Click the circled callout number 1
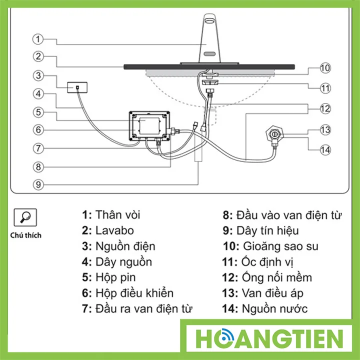click(38, 39)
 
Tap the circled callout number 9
click(38, 184)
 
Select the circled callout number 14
click(325, 150)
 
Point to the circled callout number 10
click(325, 68)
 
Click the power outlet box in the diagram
click(77, 87)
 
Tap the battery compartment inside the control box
click(149, 126)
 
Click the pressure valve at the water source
click(274, 134)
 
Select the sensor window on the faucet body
click(209, 53)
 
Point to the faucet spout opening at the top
click(209, 21)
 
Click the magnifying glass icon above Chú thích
click(25, 217)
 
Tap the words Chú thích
click(25, 235)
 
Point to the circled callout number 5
click(38, 112)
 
